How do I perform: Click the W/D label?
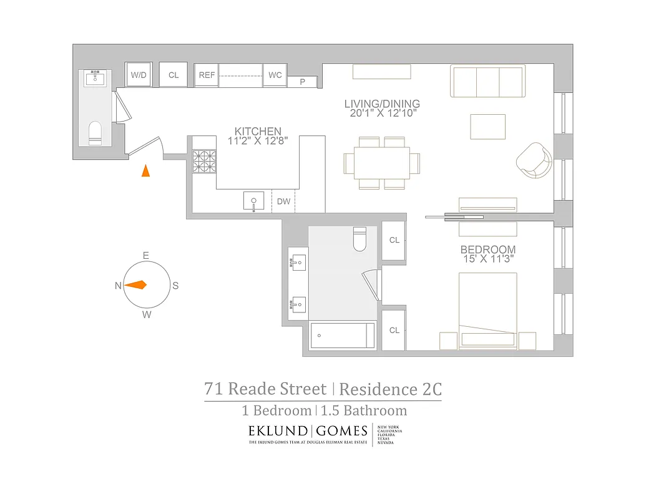point(138,75)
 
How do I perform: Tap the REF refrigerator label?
point(207,75)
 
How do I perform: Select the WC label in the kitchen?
point(275,75)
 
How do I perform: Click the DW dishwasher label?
point(283,201)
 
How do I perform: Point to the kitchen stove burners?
point(203,162)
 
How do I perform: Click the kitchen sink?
point(254,201)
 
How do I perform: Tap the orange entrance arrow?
point(145,170)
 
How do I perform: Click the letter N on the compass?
point(118,286)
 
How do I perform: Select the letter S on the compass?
point(175,286)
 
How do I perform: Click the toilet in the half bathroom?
point(95,133)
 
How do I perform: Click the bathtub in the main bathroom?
point(343,336)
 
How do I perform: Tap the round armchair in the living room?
point(534,160)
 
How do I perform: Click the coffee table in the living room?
point(487,127)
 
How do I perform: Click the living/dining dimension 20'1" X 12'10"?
point(382,114)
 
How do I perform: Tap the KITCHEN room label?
point(258,132)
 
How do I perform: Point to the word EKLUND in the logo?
point(277,430)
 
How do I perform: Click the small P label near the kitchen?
point(303,82)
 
